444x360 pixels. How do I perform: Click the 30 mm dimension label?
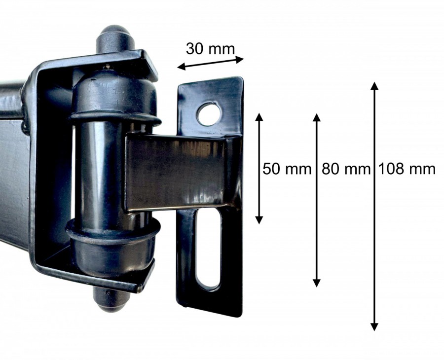pos(210,49)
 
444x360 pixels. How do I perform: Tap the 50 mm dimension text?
pos(287,169)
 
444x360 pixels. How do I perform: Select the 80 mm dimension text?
pos(346,169)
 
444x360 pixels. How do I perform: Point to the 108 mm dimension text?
pos(407,169)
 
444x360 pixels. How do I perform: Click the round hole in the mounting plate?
pos(209,114)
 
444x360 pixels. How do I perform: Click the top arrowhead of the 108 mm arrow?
pos(374,86)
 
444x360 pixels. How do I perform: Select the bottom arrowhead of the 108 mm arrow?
pos(374,327)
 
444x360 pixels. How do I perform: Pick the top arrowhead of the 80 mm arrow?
pos(317,117)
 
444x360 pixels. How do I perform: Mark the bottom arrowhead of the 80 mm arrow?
pos(317,283)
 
